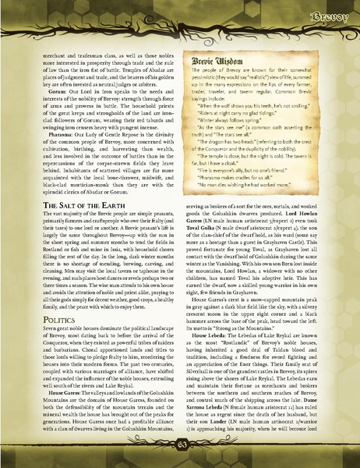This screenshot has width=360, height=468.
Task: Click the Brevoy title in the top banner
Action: coord(330,15)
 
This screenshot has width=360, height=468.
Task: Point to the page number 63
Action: coord(180,445)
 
